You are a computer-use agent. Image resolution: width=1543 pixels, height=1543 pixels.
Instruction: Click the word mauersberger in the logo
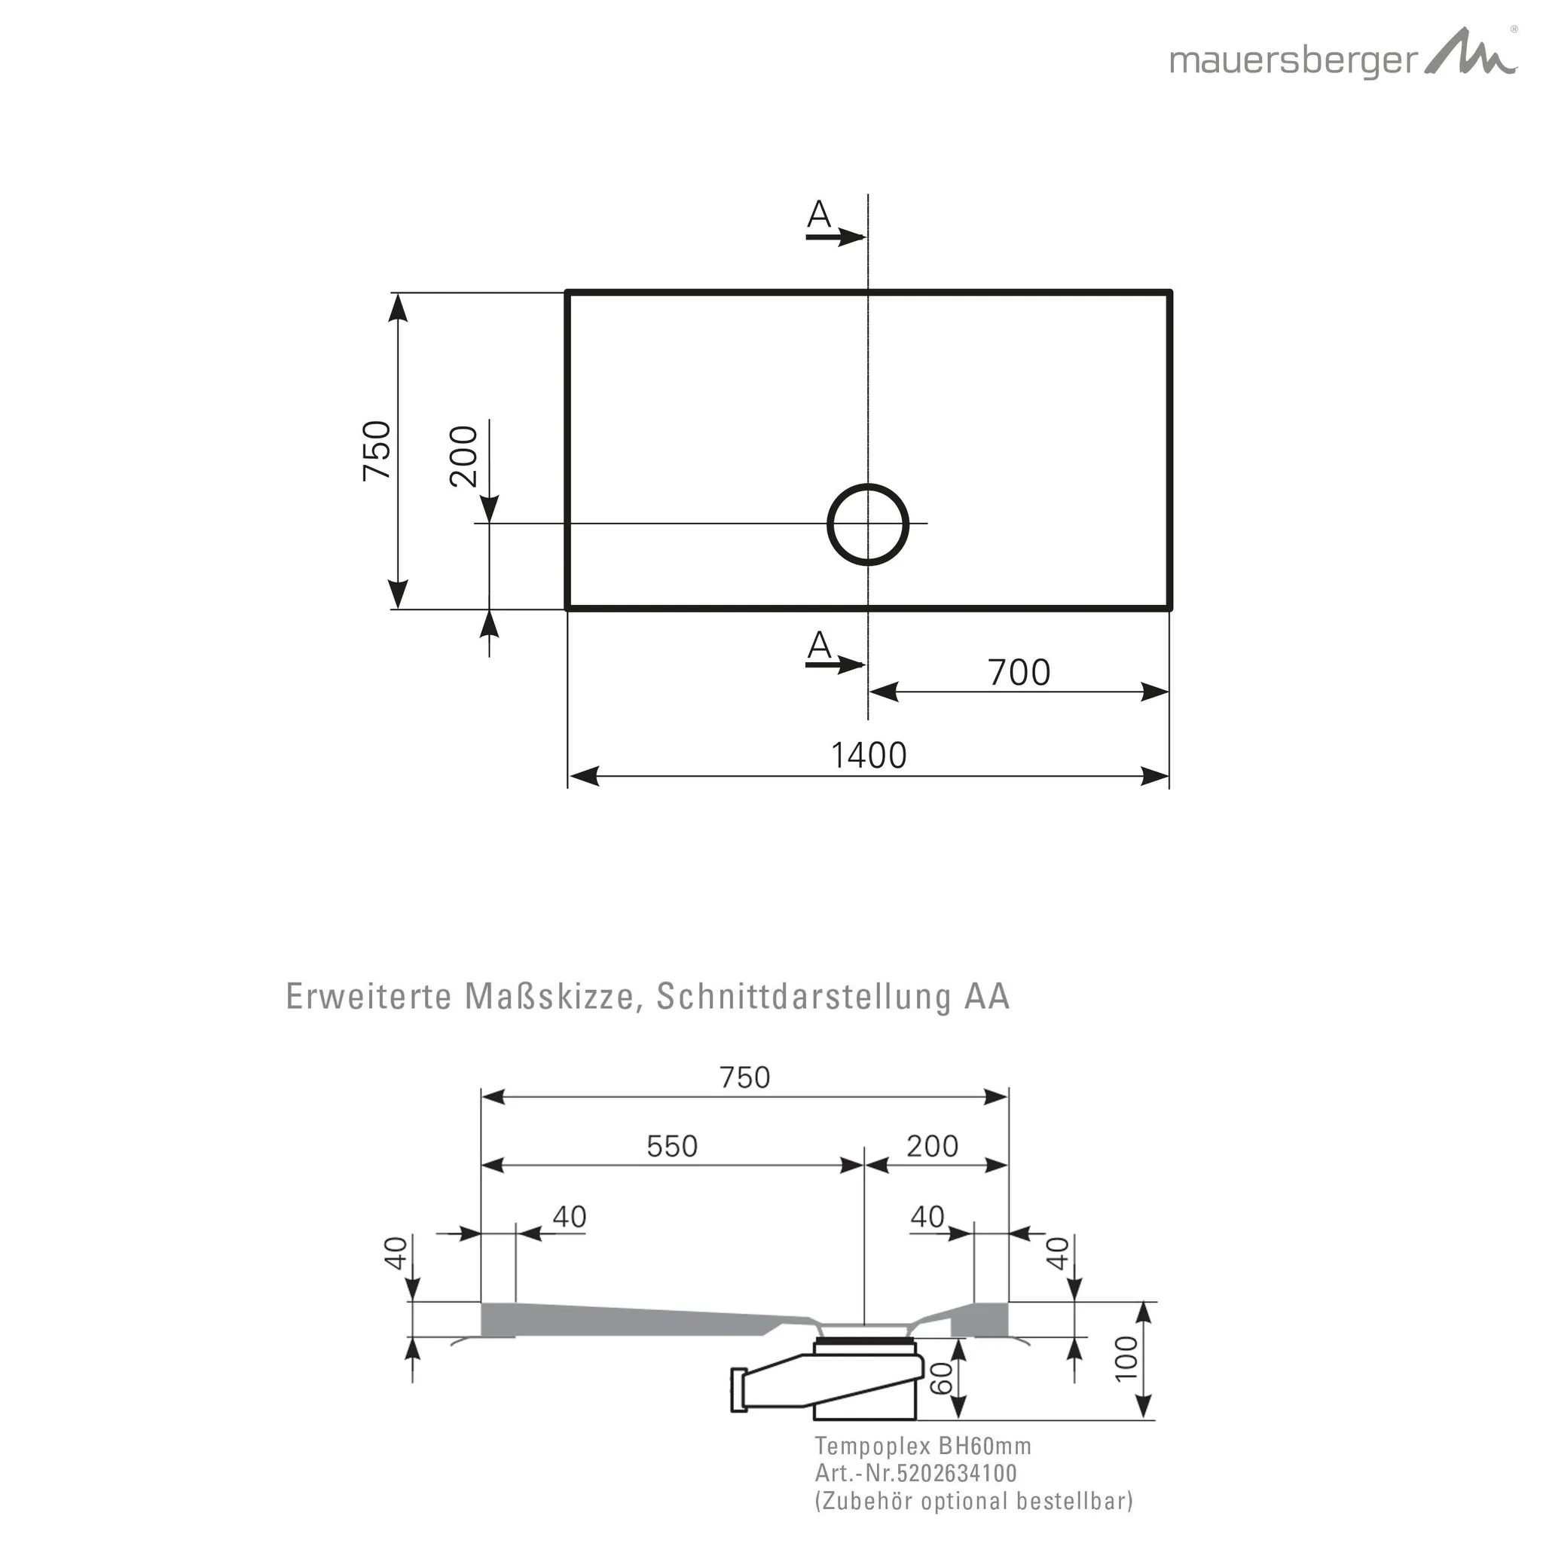[1294, 62]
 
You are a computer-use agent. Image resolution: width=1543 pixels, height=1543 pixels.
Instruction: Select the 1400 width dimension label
[869, 756]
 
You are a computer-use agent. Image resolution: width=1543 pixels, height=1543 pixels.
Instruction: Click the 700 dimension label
[1019, 673]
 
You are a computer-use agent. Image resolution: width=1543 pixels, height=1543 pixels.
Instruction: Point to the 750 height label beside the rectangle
[377, 451]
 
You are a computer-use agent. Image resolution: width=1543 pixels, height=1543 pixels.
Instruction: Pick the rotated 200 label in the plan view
[464, 456]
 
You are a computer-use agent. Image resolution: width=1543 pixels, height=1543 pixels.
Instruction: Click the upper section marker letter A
[819, 214]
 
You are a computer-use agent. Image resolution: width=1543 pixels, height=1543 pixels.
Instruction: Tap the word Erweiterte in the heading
[369, 998]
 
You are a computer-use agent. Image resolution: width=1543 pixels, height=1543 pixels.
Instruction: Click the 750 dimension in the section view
[744, 1077]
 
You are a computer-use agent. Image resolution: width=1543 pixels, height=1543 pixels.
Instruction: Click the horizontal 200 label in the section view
[932, 1147]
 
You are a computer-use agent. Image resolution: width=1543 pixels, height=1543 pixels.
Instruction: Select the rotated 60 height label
[943, 1378]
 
